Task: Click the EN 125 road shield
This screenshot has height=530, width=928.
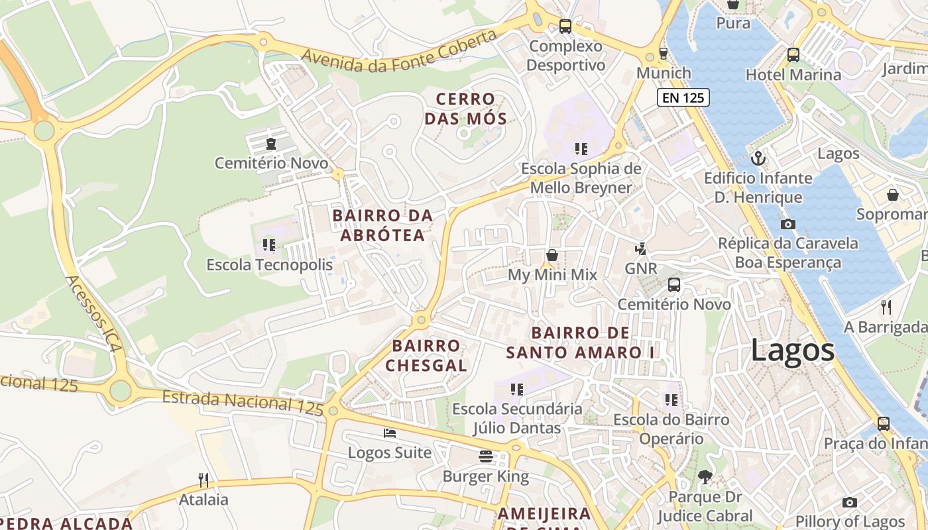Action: click(x=683, y=98)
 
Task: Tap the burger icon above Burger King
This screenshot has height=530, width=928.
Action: click(x=486, y=456)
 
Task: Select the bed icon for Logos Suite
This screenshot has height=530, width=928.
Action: click(x=390, y=433)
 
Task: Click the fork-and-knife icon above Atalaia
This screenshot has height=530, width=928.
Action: click(x=203, y=480)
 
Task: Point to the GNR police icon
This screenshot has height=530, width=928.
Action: click(x=640, y=249)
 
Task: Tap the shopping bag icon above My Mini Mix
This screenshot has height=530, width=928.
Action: click(x=551, y=255)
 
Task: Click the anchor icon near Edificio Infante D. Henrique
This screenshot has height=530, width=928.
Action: click(x=758, y=158)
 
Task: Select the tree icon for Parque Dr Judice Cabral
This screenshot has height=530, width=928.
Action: click(x=705, y=476)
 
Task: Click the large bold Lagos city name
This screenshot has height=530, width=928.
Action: click(x=792, y=350)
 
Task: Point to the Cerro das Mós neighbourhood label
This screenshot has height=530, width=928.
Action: click(x=465, y=109)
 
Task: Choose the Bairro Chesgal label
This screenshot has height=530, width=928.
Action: click(x=426, y=355)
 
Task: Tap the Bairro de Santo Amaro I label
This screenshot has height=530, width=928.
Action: click(x=581, y=343)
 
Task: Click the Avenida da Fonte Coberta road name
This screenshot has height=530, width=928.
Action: click(x=400, y=51)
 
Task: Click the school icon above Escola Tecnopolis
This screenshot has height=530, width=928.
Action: click(x=268, y=245)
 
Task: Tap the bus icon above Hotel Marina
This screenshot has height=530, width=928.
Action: click(x=793, y=55)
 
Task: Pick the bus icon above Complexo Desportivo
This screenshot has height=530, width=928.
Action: click(x=565, y=26)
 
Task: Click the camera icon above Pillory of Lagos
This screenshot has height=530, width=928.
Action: click(x=849, y=503)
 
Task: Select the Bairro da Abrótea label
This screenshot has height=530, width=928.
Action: click(x=382, y=225)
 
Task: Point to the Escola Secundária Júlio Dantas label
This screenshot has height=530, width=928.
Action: click(x=517, y=418)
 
